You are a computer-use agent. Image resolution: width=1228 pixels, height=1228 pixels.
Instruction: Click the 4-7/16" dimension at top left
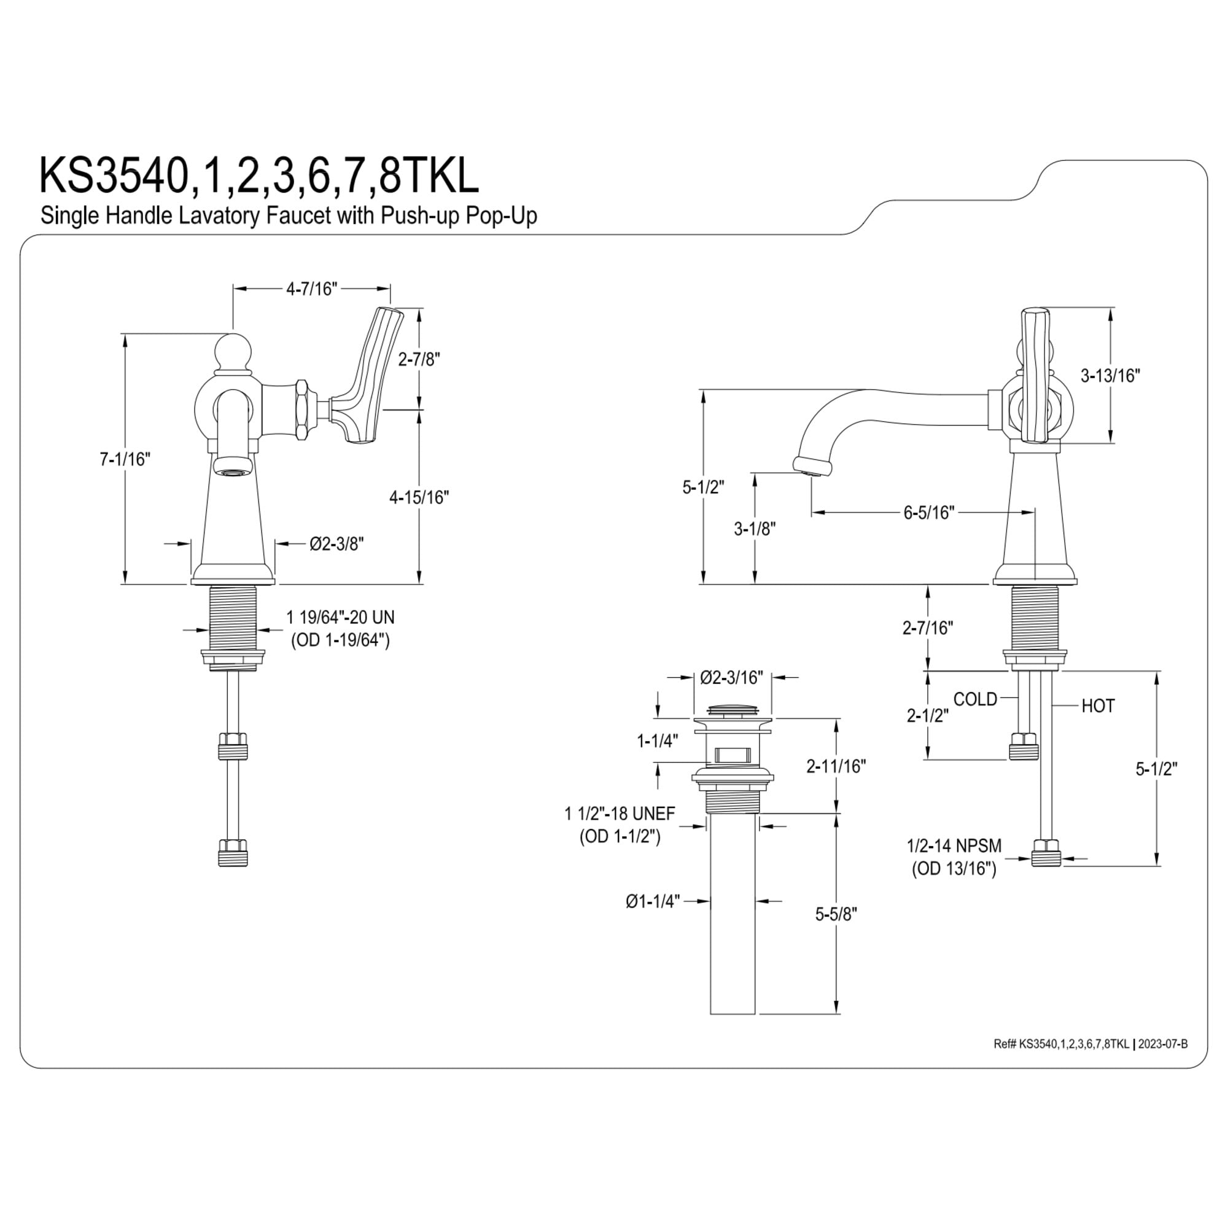click(311, 289)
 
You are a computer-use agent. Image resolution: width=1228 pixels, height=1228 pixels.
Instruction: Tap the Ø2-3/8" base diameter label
click(337, 543)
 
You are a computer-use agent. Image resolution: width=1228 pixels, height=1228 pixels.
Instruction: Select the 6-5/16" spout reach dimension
click(929, 512)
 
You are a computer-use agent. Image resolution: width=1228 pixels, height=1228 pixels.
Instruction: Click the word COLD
click(976, 699)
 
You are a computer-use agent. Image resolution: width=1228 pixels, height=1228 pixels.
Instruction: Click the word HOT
click(1098, 706)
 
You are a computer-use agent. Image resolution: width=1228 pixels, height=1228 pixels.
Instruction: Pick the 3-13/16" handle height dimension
click(1110, 376)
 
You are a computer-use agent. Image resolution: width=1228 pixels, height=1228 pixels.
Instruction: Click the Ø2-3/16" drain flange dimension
click(732, 678)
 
